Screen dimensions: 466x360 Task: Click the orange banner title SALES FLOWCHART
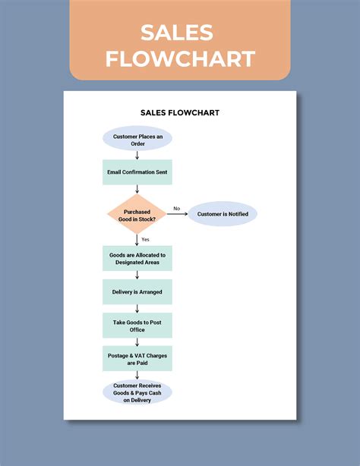pos(180,45)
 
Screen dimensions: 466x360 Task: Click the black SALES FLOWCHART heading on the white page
pos(180,112)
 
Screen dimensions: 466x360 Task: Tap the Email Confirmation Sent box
pos(137,172)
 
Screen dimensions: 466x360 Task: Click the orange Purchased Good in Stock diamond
pos(137,214)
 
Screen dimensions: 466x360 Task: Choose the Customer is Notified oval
pos(223,214)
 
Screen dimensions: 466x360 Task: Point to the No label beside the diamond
pos(176,208)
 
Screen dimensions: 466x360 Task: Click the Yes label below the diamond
pos(145,239)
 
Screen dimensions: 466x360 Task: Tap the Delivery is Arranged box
pos(137,291)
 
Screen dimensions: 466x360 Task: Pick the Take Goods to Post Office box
pos(137,326)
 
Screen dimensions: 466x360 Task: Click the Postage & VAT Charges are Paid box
pos(137,358)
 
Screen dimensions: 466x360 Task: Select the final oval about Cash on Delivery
pos(137,392)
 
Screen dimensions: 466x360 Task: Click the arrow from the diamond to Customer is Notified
pos(177,214)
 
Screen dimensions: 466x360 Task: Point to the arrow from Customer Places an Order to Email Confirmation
pos(137,155)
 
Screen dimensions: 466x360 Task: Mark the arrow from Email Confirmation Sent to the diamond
pos(137,190)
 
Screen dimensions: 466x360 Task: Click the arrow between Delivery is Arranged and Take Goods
pos(137,308)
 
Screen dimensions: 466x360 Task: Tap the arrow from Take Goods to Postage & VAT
pos(137,342)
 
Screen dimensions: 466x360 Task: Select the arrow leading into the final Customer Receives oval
pos(137,375)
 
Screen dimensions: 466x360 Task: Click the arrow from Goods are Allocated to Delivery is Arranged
pos(137,275)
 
